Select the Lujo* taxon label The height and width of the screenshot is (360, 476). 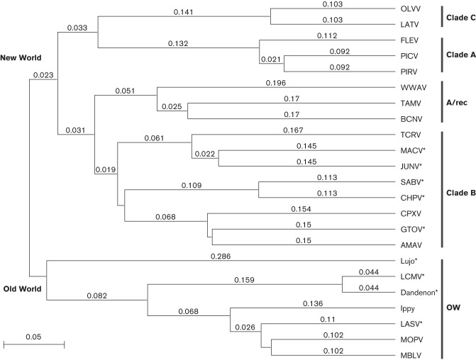pyautogui.click(x=409, y=260)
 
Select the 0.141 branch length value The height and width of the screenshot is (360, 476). pyautogui.click(x=183, y=12)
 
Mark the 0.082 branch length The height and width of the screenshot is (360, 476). pyautogui.click(x=97, y=294)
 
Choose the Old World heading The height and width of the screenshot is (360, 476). pyautogui.click(x=21, y=289)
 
